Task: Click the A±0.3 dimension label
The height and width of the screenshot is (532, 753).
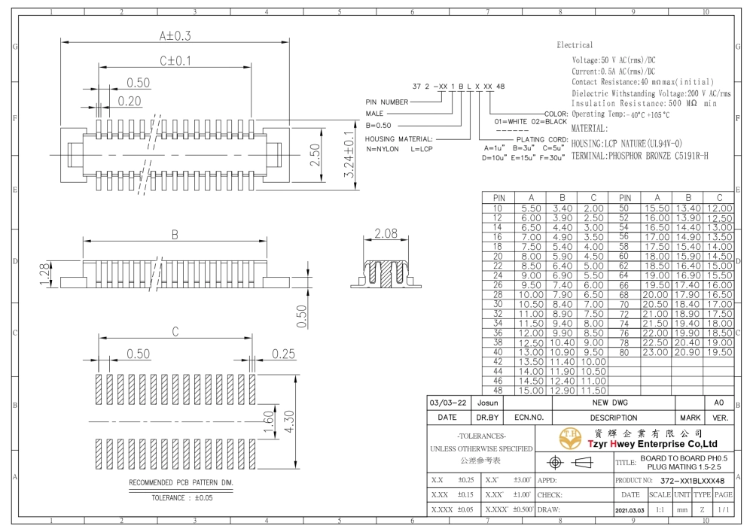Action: pos(175,35)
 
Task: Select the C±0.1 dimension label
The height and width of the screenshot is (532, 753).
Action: pos(175,61)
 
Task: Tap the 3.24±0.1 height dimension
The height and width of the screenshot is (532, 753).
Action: pos(349,154)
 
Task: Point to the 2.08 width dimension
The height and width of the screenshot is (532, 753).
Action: pos(386,233)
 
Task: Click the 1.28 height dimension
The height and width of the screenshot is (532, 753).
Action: pos(45,274)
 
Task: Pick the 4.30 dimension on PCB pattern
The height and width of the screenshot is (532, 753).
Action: pos(289,421)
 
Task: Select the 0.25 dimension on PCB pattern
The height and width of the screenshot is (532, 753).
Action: pos(283,354)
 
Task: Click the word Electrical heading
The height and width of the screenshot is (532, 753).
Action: pos(575,45)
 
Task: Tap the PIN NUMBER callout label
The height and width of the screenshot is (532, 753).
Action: pos(386,102)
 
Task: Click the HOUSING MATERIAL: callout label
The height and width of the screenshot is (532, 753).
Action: pos(398,138)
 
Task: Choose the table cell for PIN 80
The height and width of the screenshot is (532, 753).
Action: pos(623,352)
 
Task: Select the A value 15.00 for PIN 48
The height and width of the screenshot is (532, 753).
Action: pos(531,391)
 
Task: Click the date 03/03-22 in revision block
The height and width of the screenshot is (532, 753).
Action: pos(447,403)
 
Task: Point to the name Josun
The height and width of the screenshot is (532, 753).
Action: pos(487,403)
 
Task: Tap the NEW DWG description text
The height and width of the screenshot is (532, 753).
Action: pos(610,403)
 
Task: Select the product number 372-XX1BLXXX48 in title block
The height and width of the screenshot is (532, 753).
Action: pos(692,481)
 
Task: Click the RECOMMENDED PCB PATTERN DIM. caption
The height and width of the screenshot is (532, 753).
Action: pos(181,482)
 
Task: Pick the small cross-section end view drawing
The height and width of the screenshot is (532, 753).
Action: pos(386,274)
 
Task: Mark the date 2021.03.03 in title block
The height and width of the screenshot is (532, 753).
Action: pos(630,510)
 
